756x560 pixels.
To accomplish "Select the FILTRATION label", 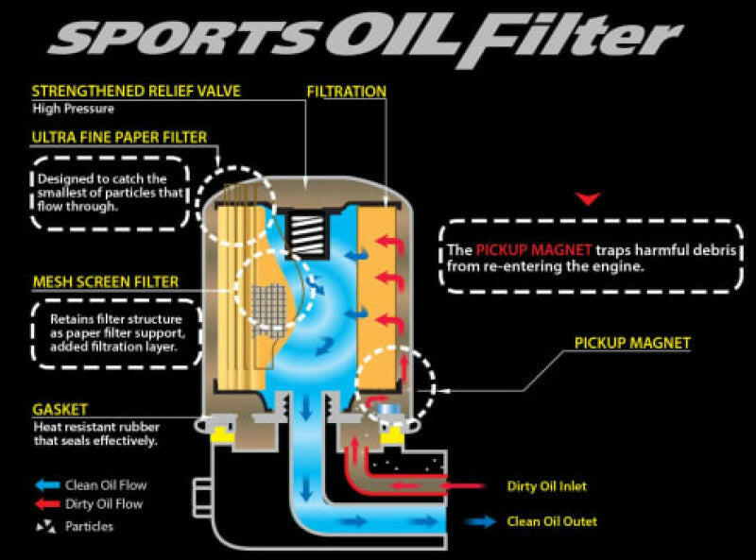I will [347, 92].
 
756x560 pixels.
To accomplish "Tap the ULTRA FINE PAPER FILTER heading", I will [119, 138].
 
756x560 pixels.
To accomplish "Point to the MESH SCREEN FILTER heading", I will [105, 281].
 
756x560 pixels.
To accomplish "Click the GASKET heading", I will [60, 409].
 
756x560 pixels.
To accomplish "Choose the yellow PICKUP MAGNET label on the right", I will [632, 343].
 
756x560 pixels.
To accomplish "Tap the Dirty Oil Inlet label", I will [546, 486].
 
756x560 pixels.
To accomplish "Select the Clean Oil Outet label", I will [552, 520].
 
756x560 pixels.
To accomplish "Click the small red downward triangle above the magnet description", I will [590, 198].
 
